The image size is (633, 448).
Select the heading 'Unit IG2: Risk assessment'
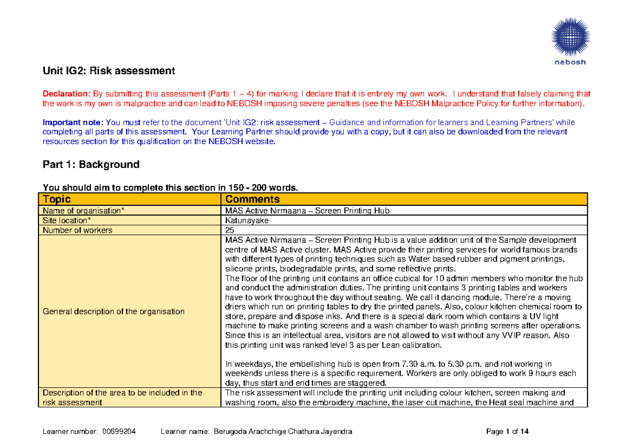[108, 71]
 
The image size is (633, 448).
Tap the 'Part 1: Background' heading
[91, 164]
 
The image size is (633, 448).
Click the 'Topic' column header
[56, 199]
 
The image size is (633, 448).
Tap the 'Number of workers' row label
[78, 230]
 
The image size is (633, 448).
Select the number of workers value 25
[229, 230]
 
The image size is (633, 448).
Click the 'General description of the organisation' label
[113, 311]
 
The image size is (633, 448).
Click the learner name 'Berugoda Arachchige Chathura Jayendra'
[283, 432]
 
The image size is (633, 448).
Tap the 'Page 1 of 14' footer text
[507, 432]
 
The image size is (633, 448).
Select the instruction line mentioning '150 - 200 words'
[170, 187]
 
